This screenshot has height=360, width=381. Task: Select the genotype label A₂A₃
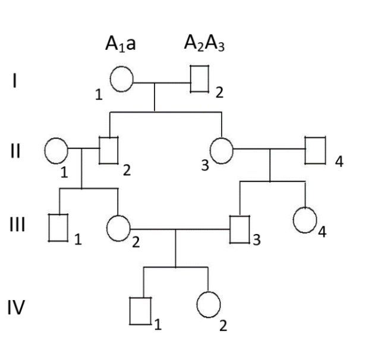[x=203, y=46]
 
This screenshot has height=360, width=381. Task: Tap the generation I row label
[x=14, y=82]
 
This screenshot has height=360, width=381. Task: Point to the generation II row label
[x=15, y=149]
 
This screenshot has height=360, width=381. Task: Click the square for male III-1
[x=58, y=228]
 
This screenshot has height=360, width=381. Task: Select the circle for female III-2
[x=118, y=228]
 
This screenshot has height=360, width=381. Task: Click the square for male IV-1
[x=141, y=310]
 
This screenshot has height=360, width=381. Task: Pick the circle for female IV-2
[x=208, y=305]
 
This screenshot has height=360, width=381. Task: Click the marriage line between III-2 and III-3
[x=178, y=228]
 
